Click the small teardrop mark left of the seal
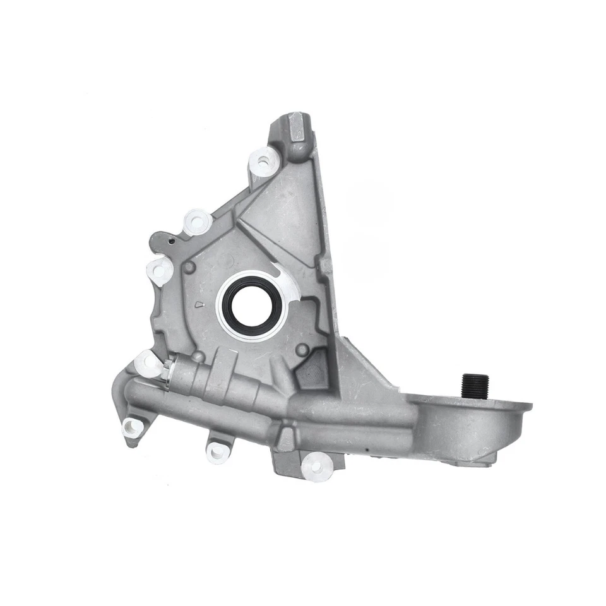[x=200, y=305]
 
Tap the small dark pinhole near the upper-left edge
[x=170, y=240]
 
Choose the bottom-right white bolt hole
[x=316, y=467]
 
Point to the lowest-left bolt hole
[x=133, y=428]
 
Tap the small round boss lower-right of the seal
[x=303, y=349]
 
